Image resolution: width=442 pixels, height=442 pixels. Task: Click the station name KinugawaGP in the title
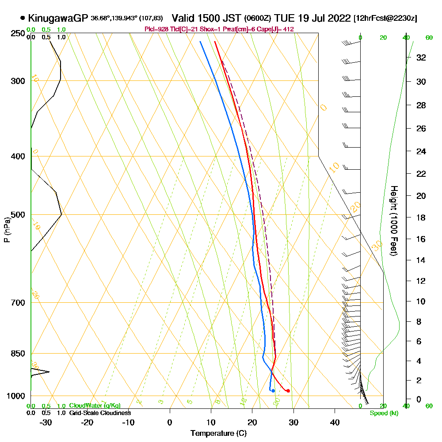(58, 18)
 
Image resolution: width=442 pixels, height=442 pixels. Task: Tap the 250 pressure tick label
(16, 33)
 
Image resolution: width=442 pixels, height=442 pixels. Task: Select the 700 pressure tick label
(16, 303)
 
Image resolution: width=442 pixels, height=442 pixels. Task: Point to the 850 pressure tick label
(16, 354)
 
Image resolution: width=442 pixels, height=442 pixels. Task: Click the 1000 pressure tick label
(14, 396)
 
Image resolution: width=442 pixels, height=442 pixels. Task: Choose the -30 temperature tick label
(46, 422)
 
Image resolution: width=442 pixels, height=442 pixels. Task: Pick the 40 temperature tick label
(335, 422)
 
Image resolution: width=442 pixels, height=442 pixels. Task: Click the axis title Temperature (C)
(218, 433)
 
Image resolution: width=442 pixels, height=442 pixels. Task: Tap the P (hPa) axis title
(7, 230)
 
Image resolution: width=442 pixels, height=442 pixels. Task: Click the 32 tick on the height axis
(421, 57)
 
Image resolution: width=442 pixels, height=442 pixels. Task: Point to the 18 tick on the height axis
(421, 217)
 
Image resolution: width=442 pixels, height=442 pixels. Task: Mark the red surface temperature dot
(288, 391)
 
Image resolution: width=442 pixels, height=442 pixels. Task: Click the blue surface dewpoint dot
(273, 391)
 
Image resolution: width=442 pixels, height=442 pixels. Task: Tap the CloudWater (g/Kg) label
(95, 406)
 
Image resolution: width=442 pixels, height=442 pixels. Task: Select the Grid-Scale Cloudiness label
(99, 413)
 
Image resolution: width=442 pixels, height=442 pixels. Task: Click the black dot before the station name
(23, 19)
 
